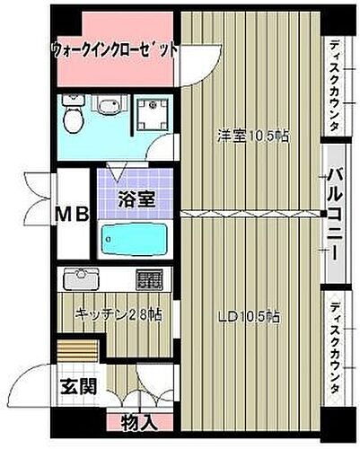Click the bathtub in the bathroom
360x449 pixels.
point(134,240)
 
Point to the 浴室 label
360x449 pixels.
point(134,199)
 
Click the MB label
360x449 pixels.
point(74,215)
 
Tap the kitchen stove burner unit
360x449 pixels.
point(151,279)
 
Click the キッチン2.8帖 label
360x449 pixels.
point(118,316)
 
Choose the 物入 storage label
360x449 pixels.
point(142,421)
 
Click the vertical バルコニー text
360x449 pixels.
point(333,216)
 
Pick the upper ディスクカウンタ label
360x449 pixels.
point(333,85)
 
